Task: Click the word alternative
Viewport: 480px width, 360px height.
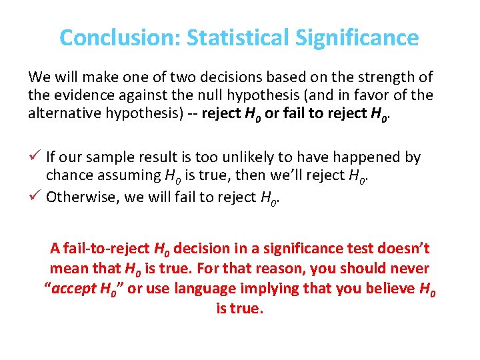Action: click(x=64, y=113)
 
